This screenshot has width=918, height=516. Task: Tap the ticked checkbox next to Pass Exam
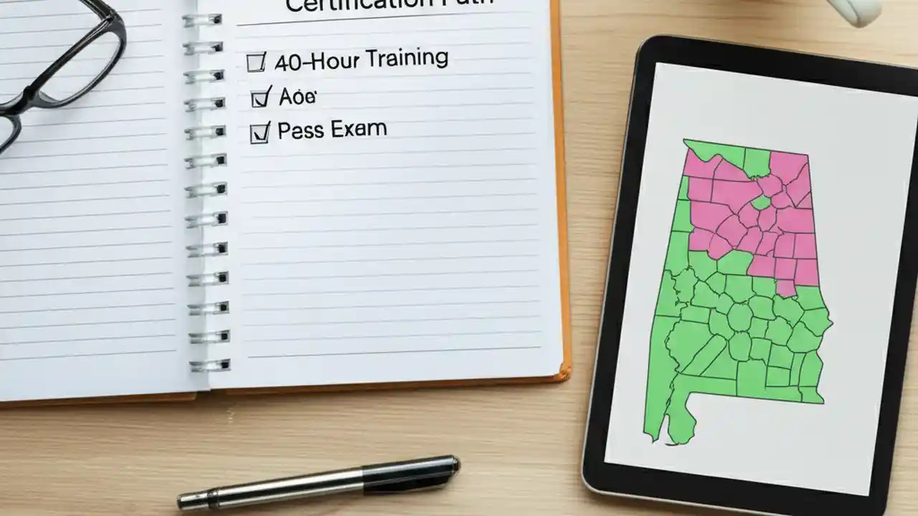(260, 133)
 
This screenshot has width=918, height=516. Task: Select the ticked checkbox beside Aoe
(261, 97)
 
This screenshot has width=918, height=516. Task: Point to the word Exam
(359, 129)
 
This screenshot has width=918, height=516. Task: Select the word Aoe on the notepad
(297, 96)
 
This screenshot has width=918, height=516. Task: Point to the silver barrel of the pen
(273, 490)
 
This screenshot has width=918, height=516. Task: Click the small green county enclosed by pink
(761, 204)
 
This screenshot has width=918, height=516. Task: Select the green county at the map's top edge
(756, 162)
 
